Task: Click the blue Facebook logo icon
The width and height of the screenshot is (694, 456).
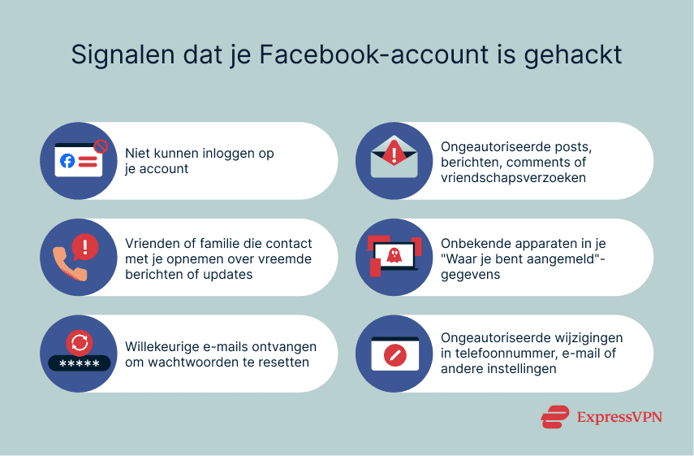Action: click(x=67, y=161)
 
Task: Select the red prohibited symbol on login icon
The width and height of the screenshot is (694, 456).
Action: click(x=101, y=146)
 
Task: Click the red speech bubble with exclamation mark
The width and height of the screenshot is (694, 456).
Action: click(x=85, y=245)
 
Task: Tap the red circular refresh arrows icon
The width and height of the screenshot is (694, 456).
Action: click(x=79, y=342)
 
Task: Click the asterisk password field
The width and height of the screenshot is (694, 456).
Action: click(x=79, y=363)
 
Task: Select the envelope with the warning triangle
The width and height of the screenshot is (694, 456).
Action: click(x=394, y=159)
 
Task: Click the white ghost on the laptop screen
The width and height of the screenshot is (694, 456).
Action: click(x=395, y=254)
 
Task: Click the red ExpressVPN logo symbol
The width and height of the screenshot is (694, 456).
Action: click(x=555, y=416)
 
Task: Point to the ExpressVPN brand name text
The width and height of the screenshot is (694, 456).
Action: click(x=619, y=416)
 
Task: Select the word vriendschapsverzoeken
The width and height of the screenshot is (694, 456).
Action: click(x=513, y=176)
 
